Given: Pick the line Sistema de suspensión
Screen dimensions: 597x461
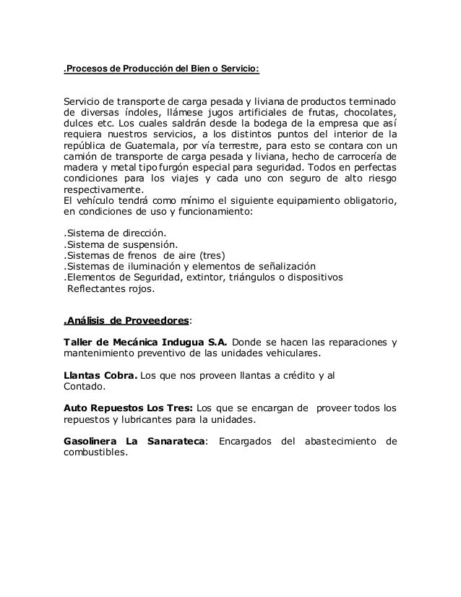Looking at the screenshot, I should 121,246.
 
